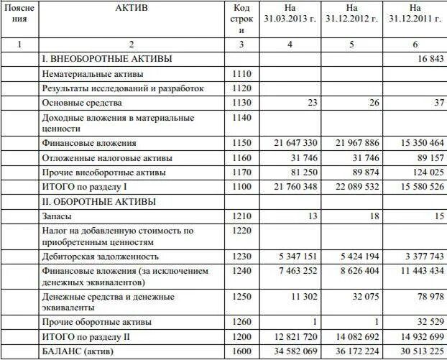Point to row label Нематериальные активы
coord(93,73)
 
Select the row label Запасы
coord(57,216)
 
